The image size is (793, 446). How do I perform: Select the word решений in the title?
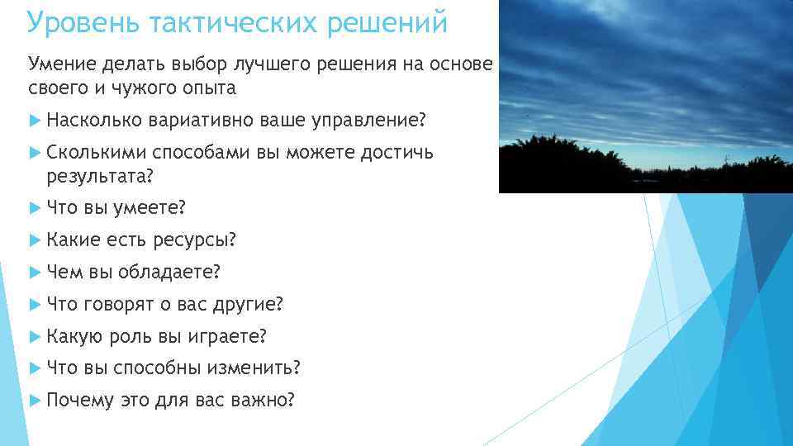387,22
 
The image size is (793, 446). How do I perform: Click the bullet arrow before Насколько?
35,121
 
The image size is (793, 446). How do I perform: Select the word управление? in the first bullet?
370,121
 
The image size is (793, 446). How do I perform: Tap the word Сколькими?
96,154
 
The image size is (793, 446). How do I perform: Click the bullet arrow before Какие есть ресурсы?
35,240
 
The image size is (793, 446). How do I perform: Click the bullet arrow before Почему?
35,401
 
